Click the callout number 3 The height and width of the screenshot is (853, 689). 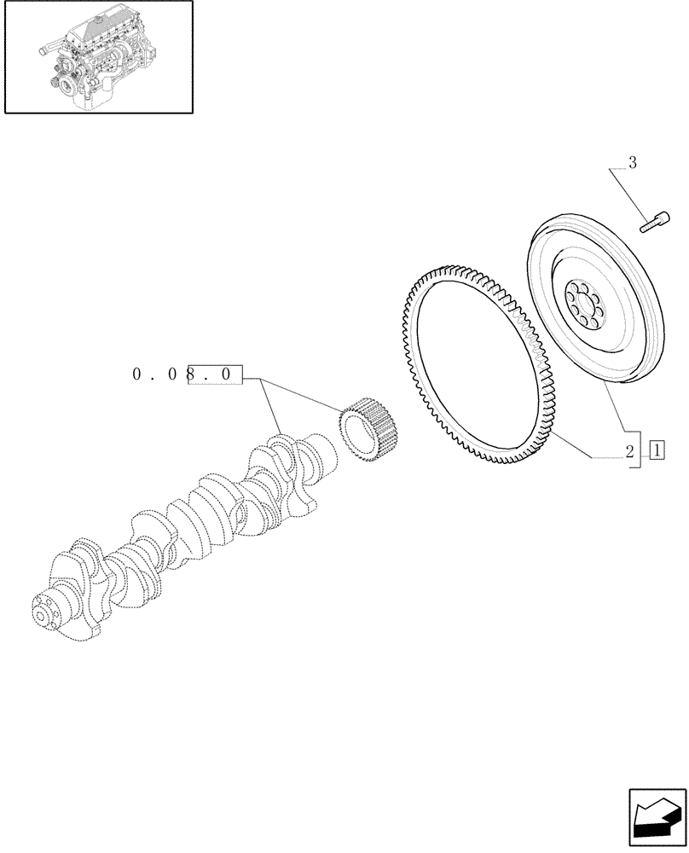[632, 163]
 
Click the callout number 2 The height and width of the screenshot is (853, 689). [630, 451]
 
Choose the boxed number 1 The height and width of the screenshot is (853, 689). [657, 450]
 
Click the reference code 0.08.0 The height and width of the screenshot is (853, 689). [188, 374]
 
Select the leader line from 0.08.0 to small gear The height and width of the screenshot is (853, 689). [298, 393]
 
